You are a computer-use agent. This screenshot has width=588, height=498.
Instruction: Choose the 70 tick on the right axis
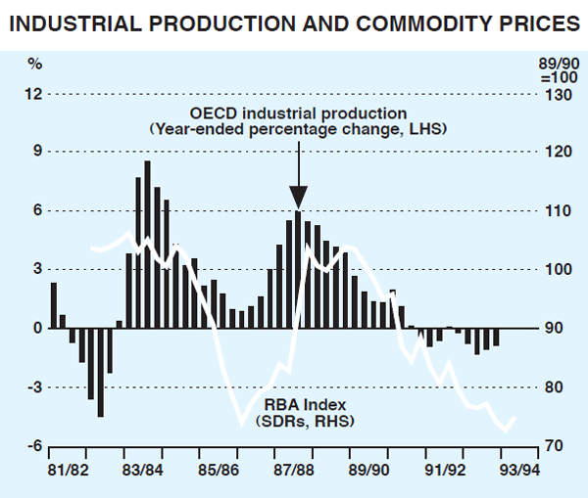pos(554,446)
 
